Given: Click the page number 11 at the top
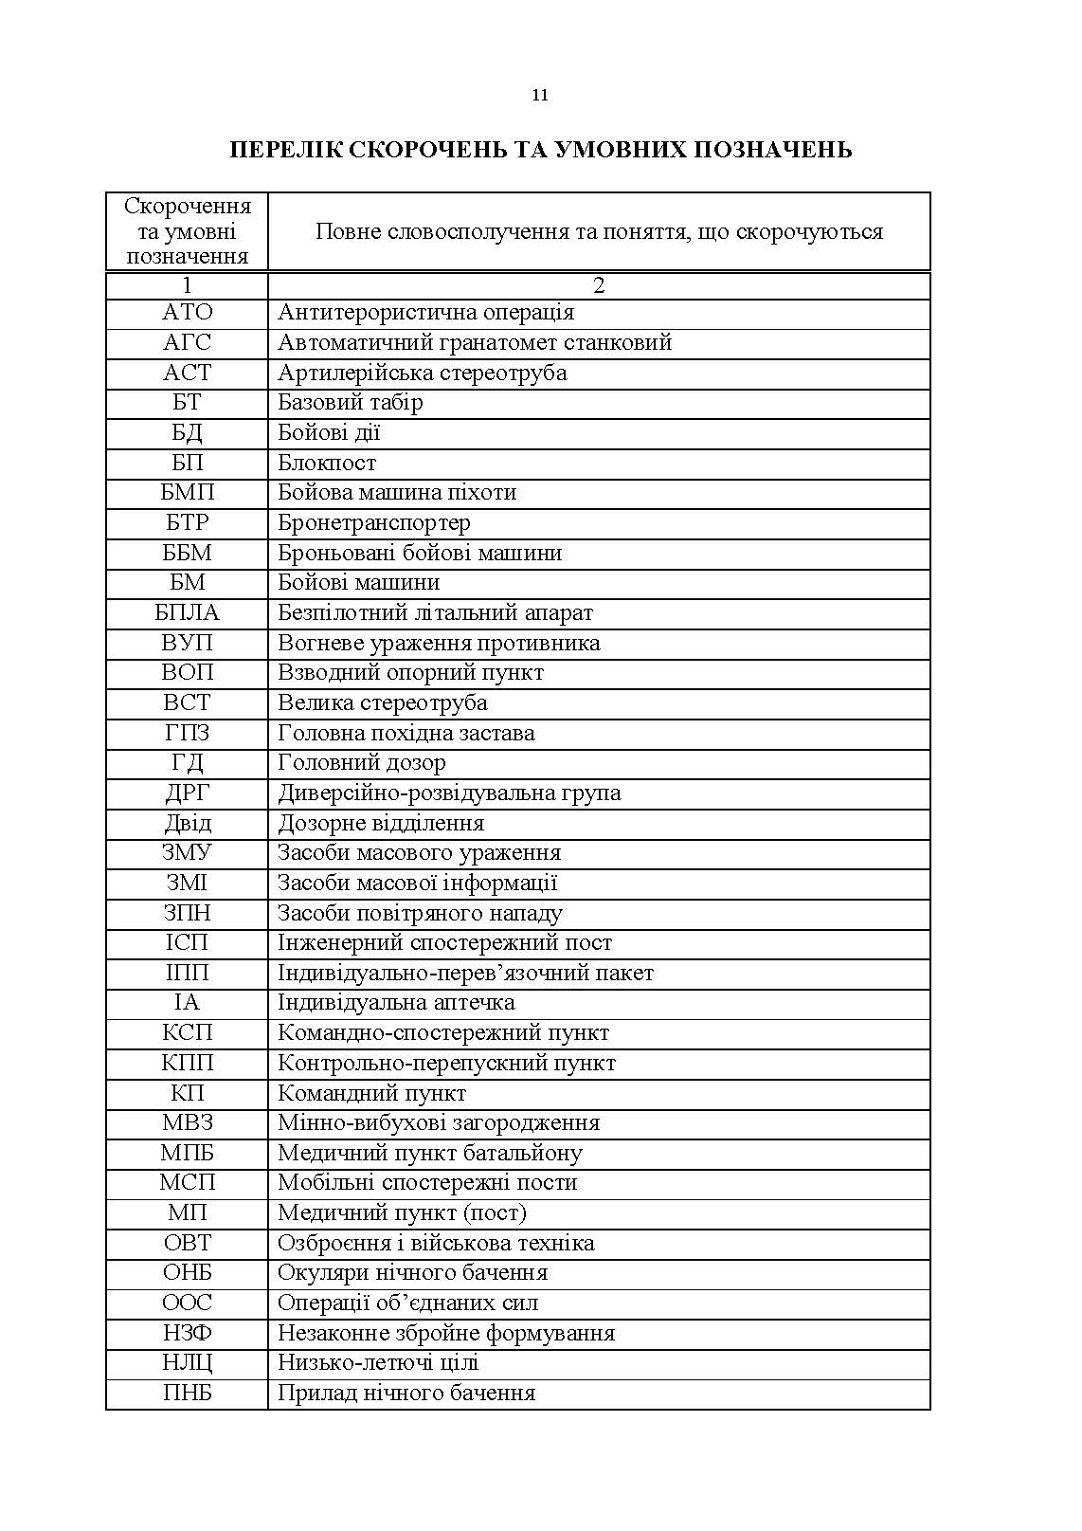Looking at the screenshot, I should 540,95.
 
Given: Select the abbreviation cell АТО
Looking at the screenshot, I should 188,313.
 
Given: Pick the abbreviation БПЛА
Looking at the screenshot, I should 188,613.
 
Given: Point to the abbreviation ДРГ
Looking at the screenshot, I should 188,793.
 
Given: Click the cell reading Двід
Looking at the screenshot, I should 188,823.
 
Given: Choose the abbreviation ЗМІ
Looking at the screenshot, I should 188,884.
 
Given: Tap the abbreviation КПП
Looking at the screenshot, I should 188,1064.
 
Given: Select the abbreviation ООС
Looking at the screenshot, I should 188,1303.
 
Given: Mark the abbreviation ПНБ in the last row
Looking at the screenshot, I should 188,1394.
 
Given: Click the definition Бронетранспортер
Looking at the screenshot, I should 373,523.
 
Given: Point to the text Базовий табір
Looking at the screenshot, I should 350,403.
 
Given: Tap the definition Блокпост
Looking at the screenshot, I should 327,464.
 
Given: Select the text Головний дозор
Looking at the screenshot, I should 361,763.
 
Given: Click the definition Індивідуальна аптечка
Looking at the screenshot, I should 396,1003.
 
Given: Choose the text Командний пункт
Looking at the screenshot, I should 371,1094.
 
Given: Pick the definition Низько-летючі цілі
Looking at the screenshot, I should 377,1363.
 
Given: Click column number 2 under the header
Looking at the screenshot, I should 599,285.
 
